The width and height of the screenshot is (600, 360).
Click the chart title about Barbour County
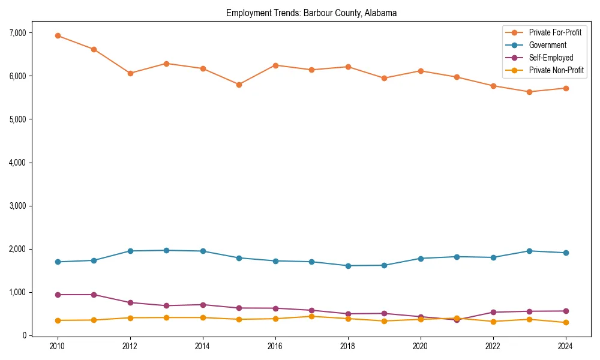click(x=311, y=13)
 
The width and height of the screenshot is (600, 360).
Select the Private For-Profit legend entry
click(x=555, y=32)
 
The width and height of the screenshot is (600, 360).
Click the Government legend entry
click(x=547, y=45)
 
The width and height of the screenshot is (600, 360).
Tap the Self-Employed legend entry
click(x=551, y=58)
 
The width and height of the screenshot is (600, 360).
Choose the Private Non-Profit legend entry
click(x=556, y=70)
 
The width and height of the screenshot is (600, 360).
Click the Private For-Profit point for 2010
click(x=58, y=35)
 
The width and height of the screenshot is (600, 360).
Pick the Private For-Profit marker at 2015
click(x=239, y=85)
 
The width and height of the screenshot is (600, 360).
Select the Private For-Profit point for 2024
click(x=565, y=88)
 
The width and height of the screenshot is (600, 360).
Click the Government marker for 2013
click(x=166, y=250)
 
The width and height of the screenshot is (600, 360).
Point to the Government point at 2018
click(x=347, y=266)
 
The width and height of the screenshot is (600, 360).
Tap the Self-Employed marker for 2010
click(x=58, y=295)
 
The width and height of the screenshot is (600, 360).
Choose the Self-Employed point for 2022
click(x=493, y=312)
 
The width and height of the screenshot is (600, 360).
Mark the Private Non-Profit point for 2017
click(x=311, y=316)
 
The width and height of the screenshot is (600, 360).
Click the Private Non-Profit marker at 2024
click(x=565, y=323)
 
